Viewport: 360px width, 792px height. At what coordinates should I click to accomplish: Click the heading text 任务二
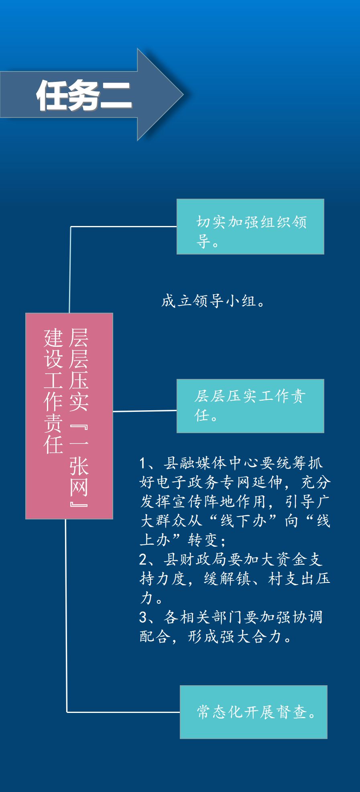tap(84, 95)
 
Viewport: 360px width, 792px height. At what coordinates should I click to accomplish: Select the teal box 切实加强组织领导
tap(250, 226)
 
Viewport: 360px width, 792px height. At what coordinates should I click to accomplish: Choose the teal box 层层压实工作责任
tap(250, 405)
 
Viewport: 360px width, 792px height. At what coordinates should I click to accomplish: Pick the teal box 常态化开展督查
tap(254, 712)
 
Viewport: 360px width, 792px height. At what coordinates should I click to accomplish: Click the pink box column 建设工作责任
tap(53, 391)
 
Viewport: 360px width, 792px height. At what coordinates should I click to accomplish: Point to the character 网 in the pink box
tap(79, 487)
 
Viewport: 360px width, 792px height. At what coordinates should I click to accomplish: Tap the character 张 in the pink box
tap(79, 466)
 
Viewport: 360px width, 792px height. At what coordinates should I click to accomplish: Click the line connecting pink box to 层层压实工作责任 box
tap(144, 411)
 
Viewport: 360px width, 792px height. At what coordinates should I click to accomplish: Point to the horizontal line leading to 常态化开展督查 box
tap(122, 712)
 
